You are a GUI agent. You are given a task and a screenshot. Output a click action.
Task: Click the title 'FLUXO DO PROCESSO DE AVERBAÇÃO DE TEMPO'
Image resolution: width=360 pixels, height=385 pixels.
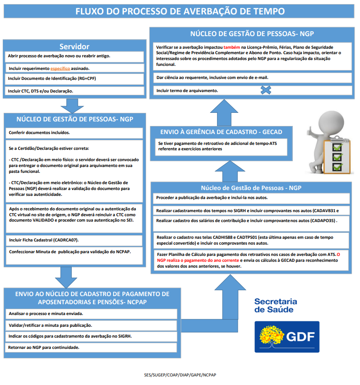click(180, 11)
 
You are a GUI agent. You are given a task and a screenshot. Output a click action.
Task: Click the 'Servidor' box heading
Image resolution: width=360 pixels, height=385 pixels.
click(74, 46)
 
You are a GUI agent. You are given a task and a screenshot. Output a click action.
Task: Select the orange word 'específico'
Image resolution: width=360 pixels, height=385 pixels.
click(63, 68)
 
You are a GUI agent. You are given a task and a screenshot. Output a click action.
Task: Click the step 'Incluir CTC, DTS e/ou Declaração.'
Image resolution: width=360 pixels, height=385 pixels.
click(41, 91)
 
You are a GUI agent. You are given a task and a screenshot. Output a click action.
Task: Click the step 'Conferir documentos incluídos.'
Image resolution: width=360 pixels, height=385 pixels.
click(39, 133)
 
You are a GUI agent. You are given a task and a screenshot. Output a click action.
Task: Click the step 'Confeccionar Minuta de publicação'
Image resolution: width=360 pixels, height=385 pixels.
click(70, 251)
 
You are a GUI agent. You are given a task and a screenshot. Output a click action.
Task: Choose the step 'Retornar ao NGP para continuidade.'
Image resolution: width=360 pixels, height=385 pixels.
click(44, 348)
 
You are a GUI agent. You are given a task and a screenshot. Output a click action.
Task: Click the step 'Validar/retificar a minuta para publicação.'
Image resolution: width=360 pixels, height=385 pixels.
click(51, 325)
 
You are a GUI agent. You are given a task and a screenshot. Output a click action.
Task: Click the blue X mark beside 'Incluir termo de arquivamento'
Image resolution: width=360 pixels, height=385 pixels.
click(266, 90)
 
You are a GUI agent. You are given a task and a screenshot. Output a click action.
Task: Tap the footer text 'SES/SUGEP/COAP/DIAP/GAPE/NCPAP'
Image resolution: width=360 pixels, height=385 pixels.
click(180, 375)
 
